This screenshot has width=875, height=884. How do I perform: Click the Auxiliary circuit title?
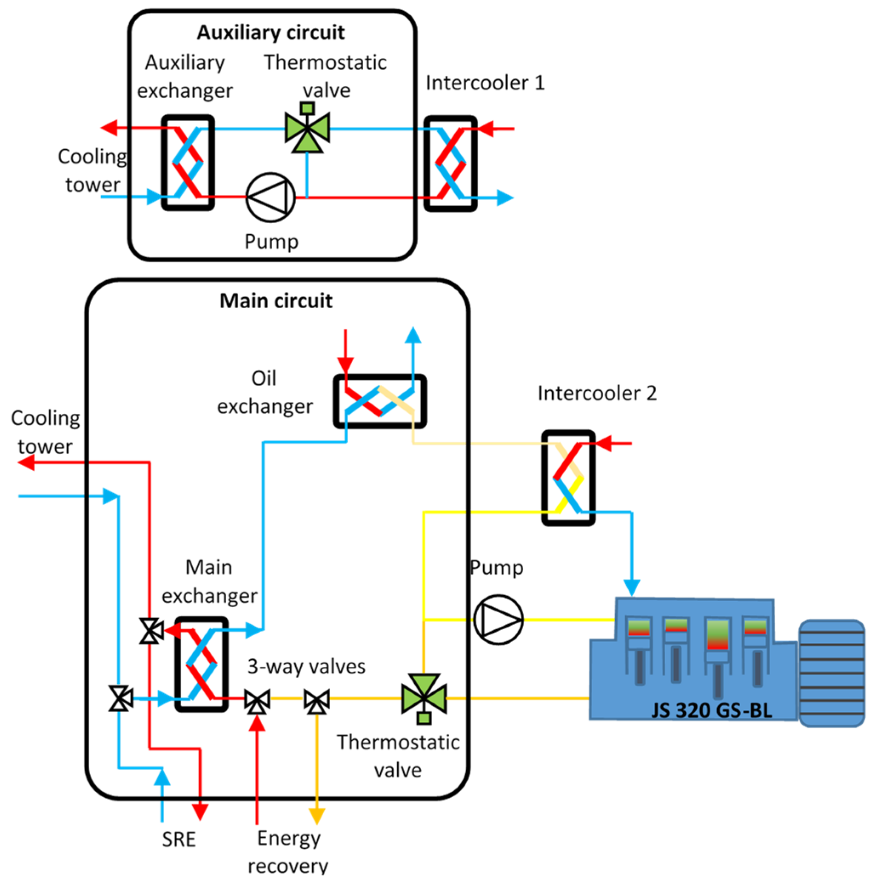271,32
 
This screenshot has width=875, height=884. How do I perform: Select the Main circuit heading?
276,301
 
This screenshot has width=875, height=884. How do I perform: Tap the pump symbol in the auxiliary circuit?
271,197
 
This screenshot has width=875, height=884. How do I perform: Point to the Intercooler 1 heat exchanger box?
451,164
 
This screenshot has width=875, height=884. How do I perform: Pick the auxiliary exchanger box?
188,163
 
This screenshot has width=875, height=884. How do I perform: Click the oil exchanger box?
380,401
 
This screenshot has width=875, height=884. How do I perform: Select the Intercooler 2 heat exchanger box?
568,478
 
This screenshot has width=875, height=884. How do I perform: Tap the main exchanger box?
202,664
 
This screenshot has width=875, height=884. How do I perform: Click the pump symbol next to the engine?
498,620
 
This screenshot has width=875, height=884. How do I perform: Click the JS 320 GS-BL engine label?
712,710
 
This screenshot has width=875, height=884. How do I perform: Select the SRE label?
179,840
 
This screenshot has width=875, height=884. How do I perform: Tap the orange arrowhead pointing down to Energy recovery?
316,817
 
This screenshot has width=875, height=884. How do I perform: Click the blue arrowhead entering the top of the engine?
632,588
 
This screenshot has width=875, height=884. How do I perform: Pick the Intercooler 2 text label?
597,393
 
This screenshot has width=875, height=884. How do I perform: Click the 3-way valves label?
306,667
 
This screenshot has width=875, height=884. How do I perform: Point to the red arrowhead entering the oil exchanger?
345,366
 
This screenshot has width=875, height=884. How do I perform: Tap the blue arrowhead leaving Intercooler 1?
506,198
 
